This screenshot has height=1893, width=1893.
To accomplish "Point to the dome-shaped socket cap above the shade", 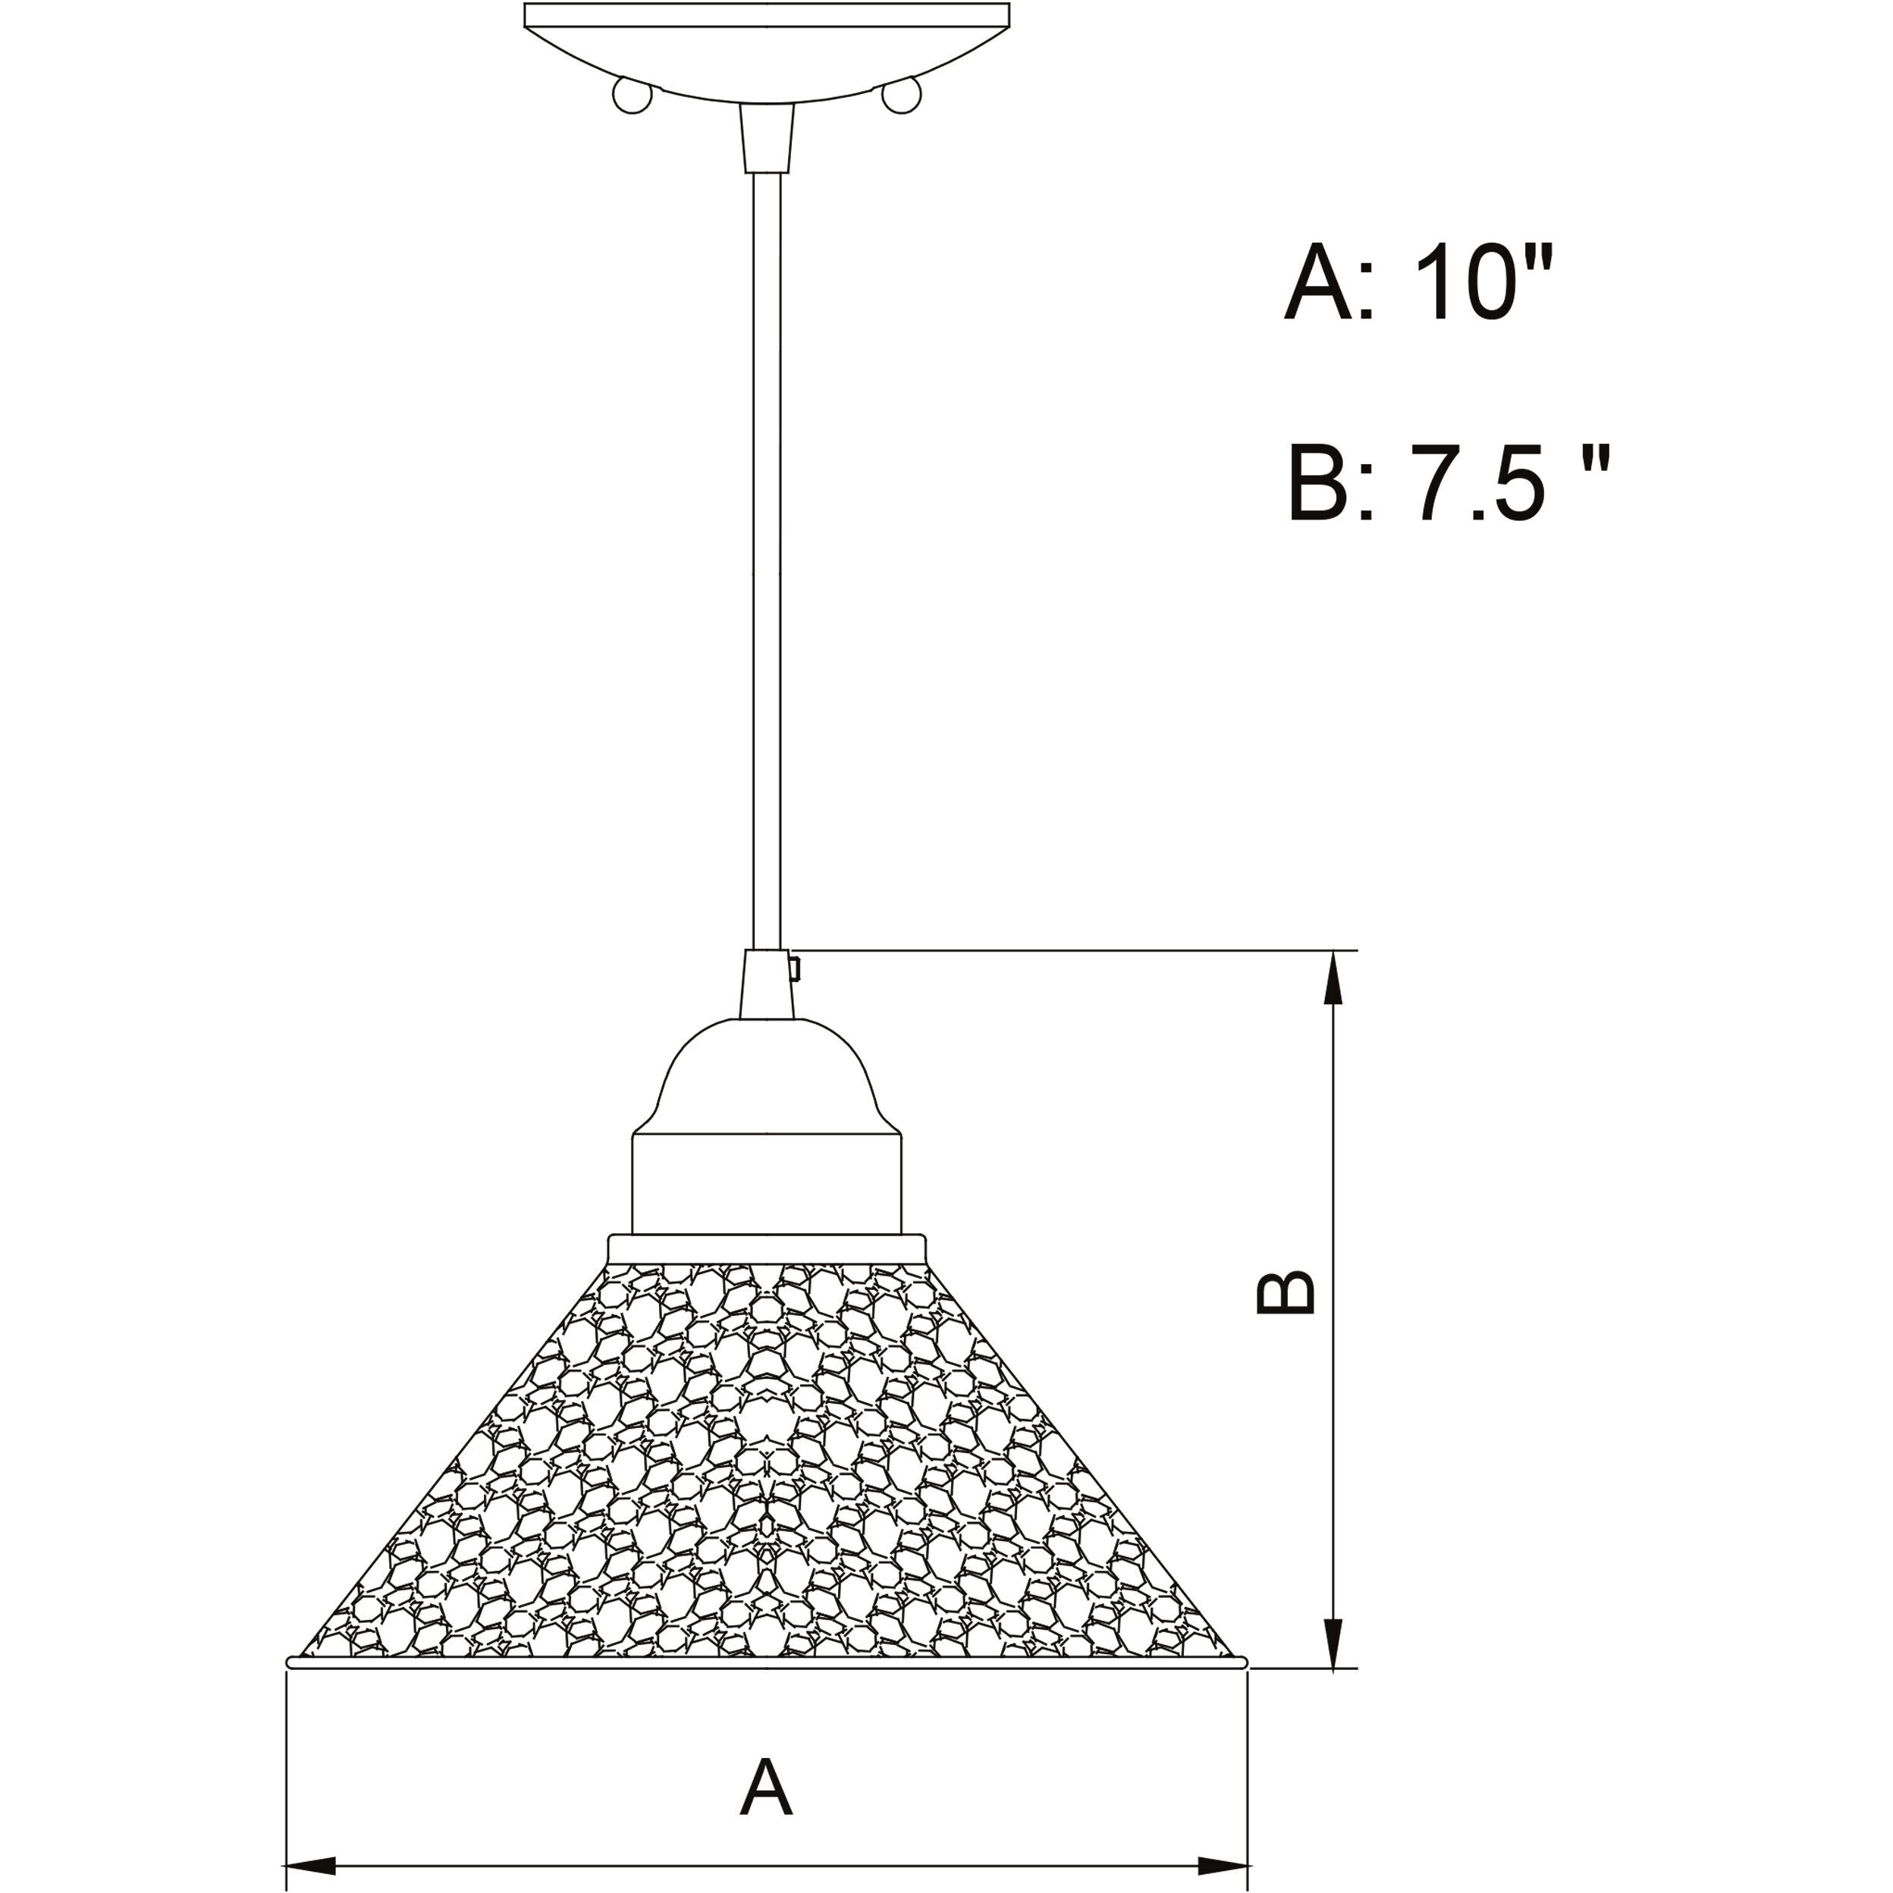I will coord(766,1078).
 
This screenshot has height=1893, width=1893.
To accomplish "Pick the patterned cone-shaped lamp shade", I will coord(766,1470).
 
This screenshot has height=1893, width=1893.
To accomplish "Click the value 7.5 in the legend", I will coord(1480,483).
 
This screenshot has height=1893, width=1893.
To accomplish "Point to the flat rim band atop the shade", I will coord(766,1248).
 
